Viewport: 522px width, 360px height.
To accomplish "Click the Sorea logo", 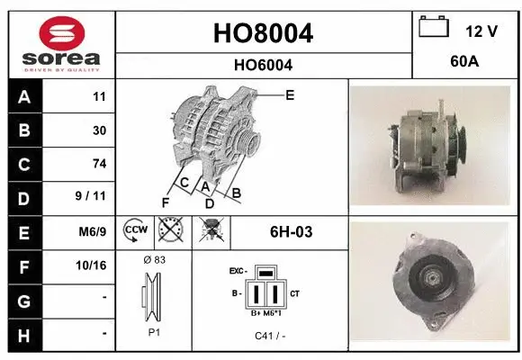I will click(x=61, y=43).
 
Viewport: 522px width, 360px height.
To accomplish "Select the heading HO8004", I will click(x=264, y=33).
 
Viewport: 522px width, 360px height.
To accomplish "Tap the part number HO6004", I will click(x=264, y=65).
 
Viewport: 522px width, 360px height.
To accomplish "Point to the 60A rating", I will click(x=463, y=63).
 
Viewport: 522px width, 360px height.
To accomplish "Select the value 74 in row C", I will click(x=99, y=164).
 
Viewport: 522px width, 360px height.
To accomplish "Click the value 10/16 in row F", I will click(x=93, y=266).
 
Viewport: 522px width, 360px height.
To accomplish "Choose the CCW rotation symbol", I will click(x=133, y=232).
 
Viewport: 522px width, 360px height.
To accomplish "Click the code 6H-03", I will click(x=291, y=232).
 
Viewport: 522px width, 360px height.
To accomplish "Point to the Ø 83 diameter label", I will click(x=154, y=259).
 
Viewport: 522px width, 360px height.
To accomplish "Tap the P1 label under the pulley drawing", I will click(x=154, y=331).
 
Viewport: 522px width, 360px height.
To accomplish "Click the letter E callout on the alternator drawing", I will click(x=290, y=94).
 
